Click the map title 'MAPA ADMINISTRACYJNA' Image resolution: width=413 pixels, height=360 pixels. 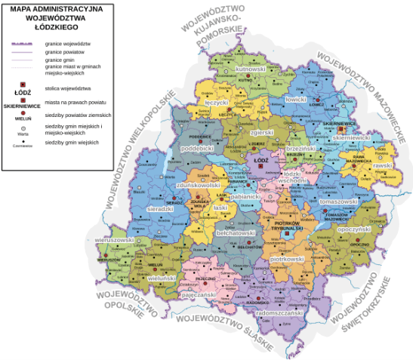(x=56, y=10)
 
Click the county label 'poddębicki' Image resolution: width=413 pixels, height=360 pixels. (x=198, y=149)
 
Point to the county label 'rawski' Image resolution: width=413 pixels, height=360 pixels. (x=383, y=165)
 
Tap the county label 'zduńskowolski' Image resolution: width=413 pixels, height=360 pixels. (x=197, y=185)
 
